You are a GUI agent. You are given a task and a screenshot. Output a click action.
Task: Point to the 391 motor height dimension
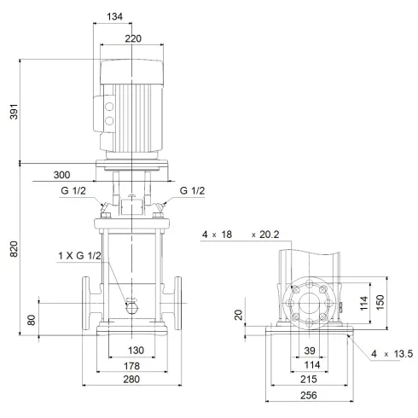click(12, 111)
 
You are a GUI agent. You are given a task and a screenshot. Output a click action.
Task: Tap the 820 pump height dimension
click(12, 247)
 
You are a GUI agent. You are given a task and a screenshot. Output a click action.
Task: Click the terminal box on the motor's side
click(109, 114)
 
